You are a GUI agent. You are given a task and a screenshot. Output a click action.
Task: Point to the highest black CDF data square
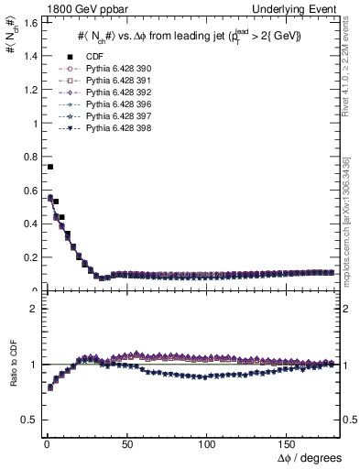pyautogui.click(x=50, y=167)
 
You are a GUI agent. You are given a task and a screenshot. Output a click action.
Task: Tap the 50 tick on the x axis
pyautogui.click(x=126, y=445)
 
